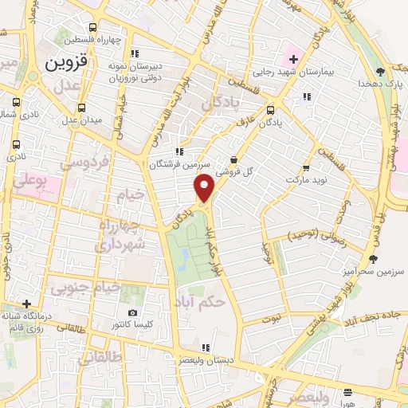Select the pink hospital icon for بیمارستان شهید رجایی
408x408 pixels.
[292, 58]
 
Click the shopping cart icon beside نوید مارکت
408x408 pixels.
[306, 169]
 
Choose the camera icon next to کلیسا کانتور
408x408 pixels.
[132, 312]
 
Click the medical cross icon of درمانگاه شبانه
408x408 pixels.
[27, 304]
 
